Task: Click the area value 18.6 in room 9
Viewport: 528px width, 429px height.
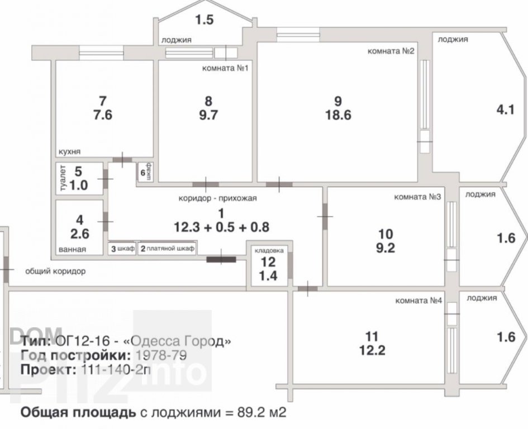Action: pyautogui.click(x=338, y=115)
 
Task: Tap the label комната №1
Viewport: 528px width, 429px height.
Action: pyautogui.click(x=225, y=68)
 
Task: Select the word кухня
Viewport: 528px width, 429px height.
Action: pyautogui.click(x=70, y=151)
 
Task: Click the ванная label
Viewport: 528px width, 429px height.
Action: pyautogui.click(x=72, y=250)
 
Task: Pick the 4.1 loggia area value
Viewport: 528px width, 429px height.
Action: pyautogui.click(x=506, y=110)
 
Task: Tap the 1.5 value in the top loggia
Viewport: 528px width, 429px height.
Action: pyautogui.click(x=204, y=20)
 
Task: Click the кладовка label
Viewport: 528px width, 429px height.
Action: pyautogui.click(x=269, y=251)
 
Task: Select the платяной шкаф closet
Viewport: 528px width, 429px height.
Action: pyautogui.click(x=168, y=249)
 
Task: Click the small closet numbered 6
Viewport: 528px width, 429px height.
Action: pyautogui.click(x=145, y=173)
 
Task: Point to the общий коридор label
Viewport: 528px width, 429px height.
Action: pyautogui.click(x=55, y=271)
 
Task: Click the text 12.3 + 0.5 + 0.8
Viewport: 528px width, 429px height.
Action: pyautogui.click(x=222, y=227)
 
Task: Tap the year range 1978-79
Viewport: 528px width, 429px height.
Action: pyautogui.click(x=160, y=356)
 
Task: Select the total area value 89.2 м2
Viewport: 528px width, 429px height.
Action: pyautogui.click(x=261, y=412)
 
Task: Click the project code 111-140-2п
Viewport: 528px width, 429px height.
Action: pyautogui.click(x=116, y=370)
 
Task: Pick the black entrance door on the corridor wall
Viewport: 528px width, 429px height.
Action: pyautogui.click(x=221, y=259)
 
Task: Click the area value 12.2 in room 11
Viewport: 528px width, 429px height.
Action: pyautogui.click(x=372, y=351)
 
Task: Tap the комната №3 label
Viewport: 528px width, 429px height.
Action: pyautogui.click(x=417, y=197)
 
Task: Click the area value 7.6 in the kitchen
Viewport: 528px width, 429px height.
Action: pyautogui.click(x=103, y=115)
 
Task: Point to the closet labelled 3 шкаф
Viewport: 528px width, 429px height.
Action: pyautogui.click(x=122, y=249)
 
